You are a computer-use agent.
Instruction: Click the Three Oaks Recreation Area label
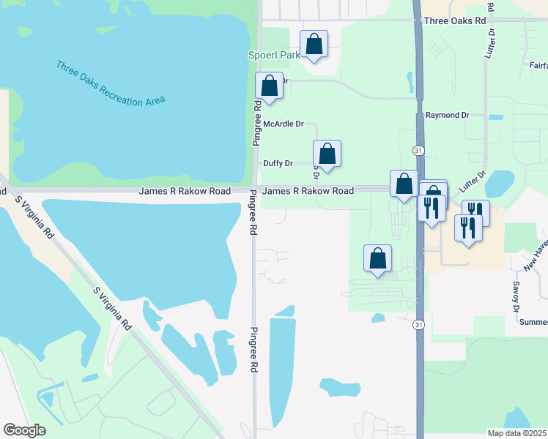click(x=111, y=83)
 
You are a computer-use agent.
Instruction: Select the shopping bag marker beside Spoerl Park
click(x=314, y=45)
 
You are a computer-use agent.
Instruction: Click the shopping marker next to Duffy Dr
click(x=327, y=154)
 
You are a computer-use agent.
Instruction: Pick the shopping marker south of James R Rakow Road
click(x=378, y=258)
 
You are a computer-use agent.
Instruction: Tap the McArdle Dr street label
click(x=283, y=124)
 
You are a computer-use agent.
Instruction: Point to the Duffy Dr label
click(x=278, y=164)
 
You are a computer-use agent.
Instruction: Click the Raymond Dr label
click(x=447, y=116)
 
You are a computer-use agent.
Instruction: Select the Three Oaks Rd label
click(x=455, y=21)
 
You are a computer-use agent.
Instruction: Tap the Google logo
click(x=24, y=430)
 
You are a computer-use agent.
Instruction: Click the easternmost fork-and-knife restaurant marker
click(x=475, y=212)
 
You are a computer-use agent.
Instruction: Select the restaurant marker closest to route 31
click(x=432, y=207)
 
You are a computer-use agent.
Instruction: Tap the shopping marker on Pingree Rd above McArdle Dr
click(x=269, y=86)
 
